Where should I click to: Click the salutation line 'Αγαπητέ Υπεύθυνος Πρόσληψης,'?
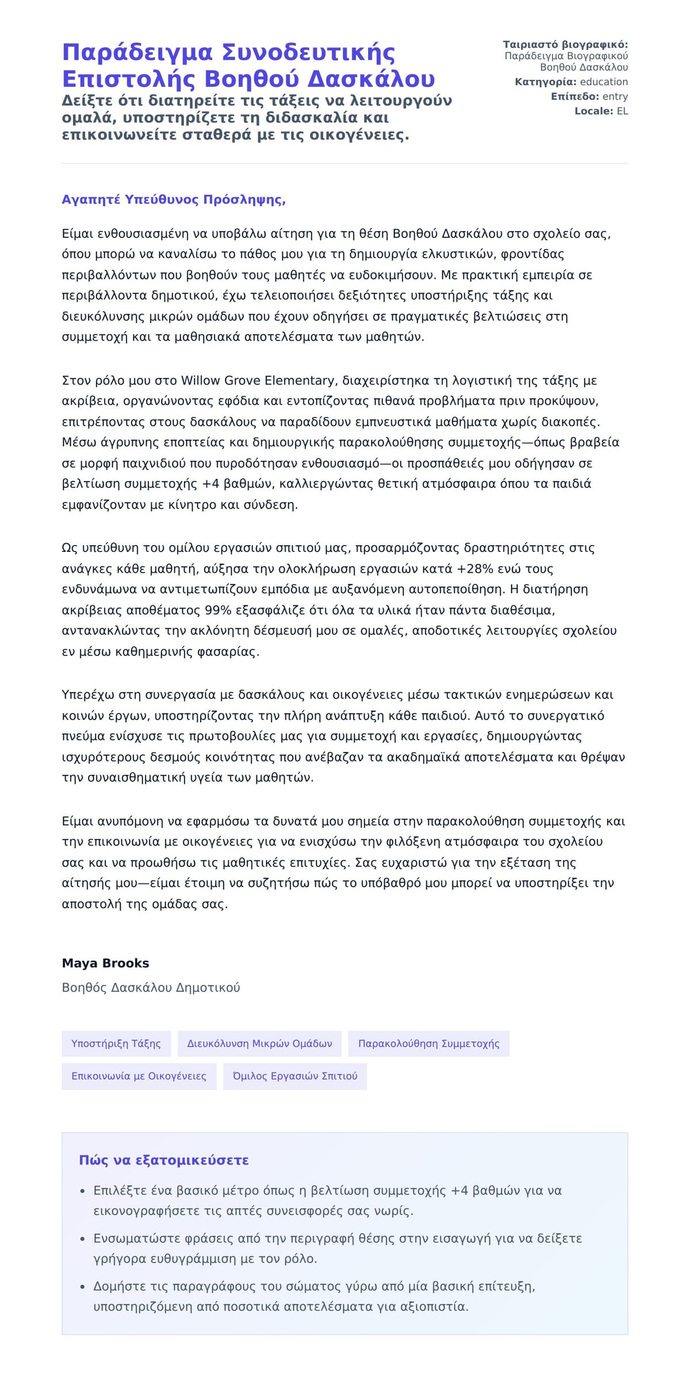click(x=174, y=199)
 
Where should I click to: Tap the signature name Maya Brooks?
click(x=105, y=963)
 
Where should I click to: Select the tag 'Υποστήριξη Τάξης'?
click(x=116, y=1043)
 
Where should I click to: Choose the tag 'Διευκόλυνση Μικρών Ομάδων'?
click(x=259, y=1043)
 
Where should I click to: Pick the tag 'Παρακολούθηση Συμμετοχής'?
click(x=428, y=1043)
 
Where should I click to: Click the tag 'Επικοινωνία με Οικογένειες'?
click(x=139, y=1076)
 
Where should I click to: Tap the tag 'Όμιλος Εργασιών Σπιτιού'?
click(x=294, y=1076)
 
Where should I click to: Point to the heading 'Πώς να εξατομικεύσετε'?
click(x=163, y=1160)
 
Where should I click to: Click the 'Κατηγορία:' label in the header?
click(x=545, y=82)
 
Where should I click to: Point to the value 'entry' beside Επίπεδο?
click(x=615, y=97)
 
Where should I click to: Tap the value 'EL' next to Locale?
click(x=622, y=111)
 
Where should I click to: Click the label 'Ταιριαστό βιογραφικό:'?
click(x=565, y=44)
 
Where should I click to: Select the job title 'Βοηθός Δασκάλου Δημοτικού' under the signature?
click(x=151, y=988)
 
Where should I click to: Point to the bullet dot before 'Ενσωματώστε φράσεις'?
click(x=83, y=1239)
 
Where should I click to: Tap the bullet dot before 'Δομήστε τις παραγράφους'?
click(x=83, y=1287)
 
